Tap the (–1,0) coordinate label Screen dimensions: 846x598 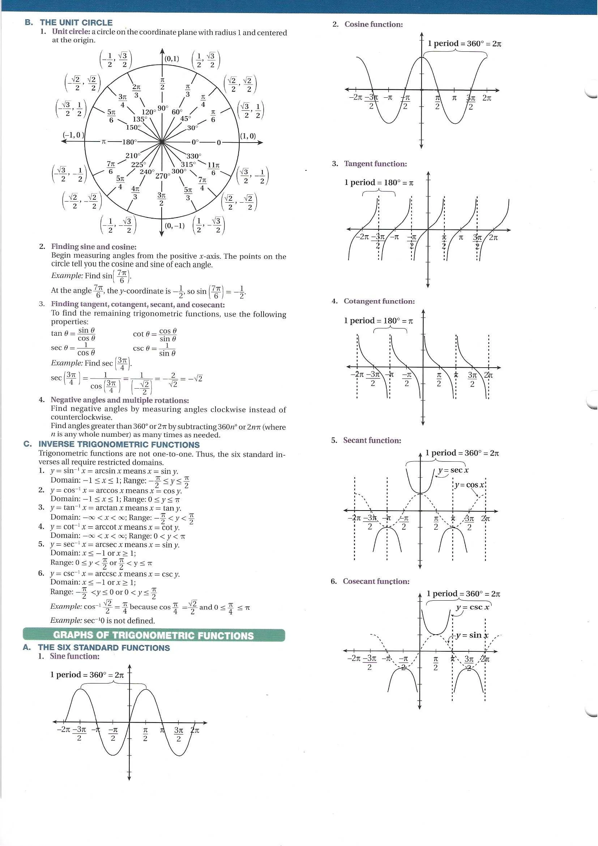tap(73, 135)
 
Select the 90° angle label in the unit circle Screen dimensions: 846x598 tap(162, 108)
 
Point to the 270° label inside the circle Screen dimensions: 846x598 tap(162, 176)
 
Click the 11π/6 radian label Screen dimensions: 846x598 tap(214, 168)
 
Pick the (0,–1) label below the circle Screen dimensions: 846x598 tap(175, 225)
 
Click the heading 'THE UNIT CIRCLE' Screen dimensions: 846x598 tap(76, 22)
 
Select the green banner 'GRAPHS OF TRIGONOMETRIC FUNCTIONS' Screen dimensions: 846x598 tap(154, 635)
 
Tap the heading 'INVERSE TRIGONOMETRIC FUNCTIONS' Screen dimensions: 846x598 tap(119, 444)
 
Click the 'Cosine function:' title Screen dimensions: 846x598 tap(373, 24)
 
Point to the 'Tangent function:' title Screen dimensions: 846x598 tap(375, 164)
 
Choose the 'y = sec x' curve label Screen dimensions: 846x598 tap(453, 470)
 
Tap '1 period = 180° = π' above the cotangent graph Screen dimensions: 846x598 tap(378, 321)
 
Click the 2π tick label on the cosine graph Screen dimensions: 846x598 tap(487, 98)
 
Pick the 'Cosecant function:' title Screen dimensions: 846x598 tap(376, 581)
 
